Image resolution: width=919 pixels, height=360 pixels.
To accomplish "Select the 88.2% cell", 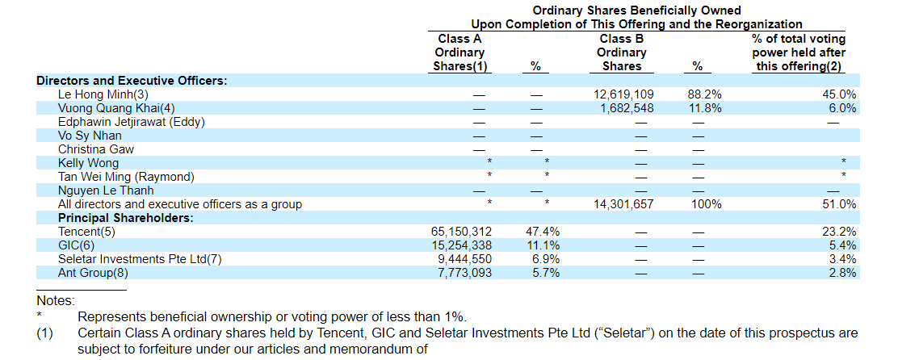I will (704, 94).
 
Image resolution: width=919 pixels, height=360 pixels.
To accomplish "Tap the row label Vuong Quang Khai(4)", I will (116, 108).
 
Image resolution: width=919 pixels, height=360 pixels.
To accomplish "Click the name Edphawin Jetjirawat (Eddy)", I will (132, 122).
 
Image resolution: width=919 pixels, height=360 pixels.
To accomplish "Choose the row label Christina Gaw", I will (96, 149).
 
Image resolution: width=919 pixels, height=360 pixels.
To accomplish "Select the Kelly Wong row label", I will (88, 163).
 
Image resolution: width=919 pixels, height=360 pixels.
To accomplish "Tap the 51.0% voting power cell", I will (840, 204).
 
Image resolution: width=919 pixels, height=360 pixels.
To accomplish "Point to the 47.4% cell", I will (543, 232).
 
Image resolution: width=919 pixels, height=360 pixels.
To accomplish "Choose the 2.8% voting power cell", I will (843, 273).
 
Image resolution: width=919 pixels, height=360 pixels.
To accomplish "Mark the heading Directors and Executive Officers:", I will (132, 81).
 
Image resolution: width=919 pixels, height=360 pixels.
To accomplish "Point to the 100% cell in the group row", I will (706, 204).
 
